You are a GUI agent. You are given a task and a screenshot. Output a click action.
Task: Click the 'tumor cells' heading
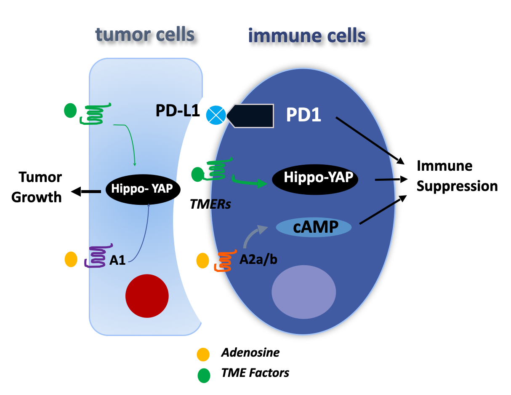click(x=145, y=35)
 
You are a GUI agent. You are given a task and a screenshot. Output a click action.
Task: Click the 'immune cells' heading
click(x=307, y=35)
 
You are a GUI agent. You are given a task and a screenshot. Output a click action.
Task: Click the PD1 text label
click(x=303, y=115)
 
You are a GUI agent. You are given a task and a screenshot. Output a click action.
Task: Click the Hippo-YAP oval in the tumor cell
click(x=140, y=188)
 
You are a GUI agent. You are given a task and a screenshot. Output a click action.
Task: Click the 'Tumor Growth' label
click(x=37, y=187)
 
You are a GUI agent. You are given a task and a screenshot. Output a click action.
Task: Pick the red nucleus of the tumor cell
click(x=147, y=295)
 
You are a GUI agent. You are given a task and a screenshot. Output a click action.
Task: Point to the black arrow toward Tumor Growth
click(x=86, y=192)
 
